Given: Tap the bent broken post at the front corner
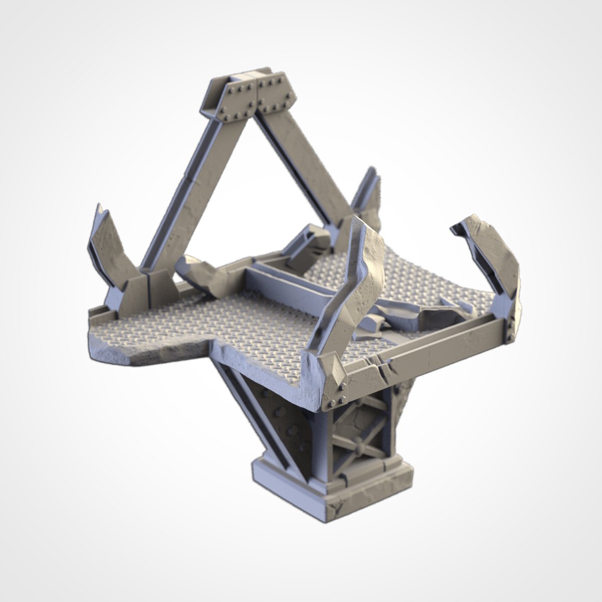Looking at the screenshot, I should [x=346, y=291].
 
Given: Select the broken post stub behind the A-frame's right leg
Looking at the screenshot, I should [x=366, y=196].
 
